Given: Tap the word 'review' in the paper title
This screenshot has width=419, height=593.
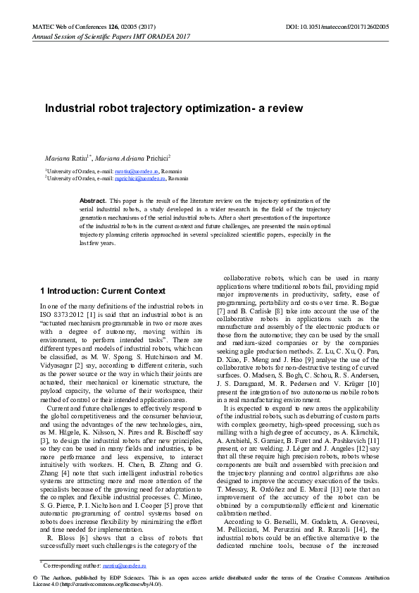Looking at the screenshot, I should [285, 108].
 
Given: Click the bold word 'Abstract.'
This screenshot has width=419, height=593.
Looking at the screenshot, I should [93, 201].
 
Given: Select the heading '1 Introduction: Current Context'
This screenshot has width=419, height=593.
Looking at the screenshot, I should [103, 291].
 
